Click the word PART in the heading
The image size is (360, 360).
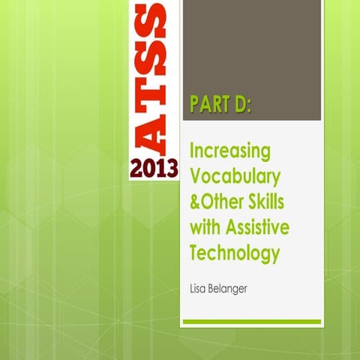pos(211,105)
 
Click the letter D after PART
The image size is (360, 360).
pos(241,105)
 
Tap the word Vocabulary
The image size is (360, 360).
pos(235,177)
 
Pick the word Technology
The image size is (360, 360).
pos(235,253)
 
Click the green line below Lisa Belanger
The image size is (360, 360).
pos(251,322)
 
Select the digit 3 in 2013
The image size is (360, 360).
pos(172,167)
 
